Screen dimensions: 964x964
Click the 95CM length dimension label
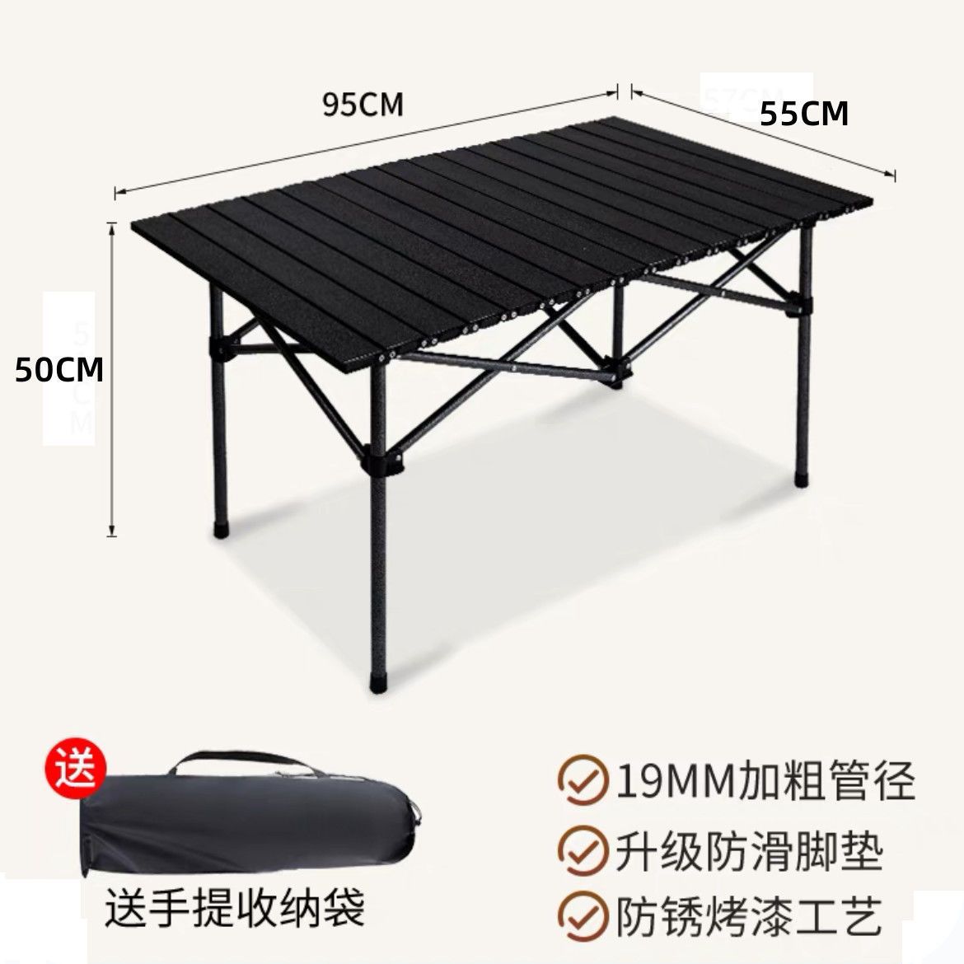363,105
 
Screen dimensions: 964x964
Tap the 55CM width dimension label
803,115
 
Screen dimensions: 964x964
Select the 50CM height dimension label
59,370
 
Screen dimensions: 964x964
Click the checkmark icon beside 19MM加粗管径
581,781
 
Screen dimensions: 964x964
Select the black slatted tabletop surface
494,239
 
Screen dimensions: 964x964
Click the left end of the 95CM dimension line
116,192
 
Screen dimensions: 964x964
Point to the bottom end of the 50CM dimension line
112,534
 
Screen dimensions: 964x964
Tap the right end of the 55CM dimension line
894,174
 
